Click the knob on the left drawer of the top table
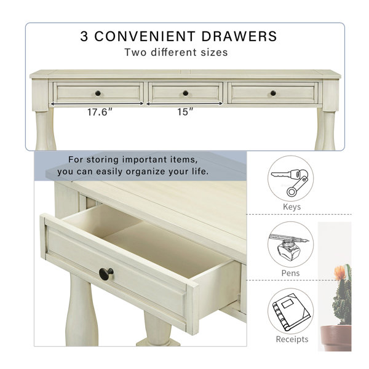tap(98, 93)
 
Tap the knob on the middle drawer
tap(186, 93)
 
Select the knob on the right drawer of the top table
tap(273, 93)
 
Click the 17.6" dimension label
tap(100, 112)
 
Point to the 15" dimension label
tap(185, 112)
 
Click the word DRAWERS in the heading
tap(239, 36)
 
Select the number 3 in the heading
tap(84, 36)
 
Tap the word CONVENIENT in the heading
tap(145, 36)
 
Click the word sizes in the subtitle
tap(214, 52)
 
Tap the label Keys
tap(292, 207)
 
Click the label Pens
tap(291, 273)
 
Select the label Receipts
tap(292, 339)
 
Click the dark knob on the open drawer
tap(106, 274)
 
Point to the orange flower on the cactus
tap(340, 272)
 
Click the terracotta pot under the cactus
tap(336, 338)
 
